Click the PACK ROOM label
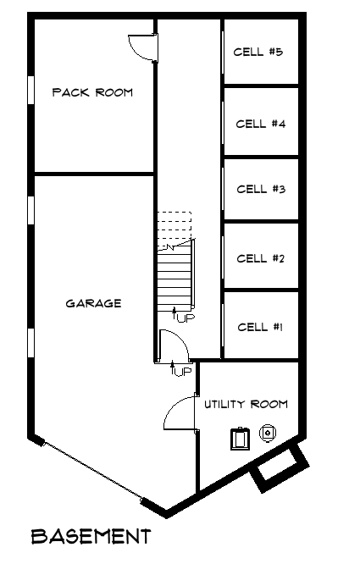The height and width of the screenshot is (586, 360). tap(92, 92)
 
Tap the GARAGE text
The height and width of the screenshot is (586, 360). tap(93, 303)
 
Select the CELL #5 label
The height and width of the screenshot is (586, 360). tap(258, 53)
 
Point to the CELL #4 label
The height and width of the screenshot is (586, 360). tap(260, 124)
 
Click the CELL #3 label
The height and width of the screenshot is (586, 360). tap(260, 189)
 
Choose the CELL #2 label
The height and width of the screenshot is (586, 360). tap(260, 258)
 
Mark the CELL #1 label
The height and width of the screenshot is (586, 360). tap(260, 327)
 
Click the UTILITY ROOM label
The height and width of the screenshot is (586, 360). tap(246, 404)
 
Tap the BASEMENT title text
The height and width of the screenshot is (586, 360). tap(91, 536)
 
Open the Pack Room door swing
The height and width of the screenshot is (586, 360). tap(141, 47)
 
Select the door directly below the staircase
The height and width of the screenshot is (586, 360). tap(171, 345)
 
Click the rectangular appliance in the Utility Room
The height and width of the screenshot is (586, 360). tap(241, 438)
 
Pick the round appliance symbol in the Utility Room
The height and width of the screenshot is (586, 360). tap(268, 433)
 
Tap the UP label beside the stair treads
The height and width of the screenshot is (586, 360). tap(184, 318)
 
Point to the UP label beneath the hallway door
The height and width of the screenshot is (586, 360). tap(181, 371)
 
